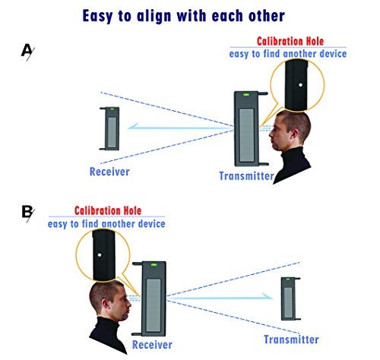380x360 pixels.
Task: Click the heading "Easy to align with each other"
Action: (184, 16)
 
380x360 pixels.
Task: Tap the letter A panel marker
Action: (27, 52)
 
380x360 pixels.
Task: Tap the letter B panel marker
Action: (27, 213)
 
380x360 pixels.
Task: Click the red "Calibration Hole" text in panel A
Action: (290, 41)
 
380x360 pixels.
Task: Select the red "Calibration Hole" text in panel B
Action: (108, 210)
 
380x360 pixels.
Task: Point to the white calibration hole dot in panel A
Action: (300, 85)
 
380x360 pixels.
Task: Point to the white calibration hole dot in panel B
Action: (100, 255)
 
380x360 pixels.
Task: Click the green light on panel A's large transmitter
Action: (246, 95)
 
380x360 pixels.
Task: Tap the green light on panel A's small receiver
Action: (112, 109)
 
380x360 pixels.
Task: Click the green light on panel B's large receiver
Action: (154, 265)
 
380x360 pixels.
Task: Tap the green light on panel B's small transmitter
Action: (288, 279)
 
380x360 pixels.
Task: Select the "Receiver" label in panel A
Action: (109, 172)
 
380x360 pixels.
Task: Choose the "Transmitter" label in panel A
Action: (246, 176)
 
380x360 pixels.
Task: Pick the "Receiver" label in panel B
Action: (152, 345)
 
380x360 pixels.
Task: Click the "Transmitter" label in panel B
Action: (291, 339)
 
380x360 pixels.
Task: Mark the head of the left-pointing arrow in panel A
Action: (130, 126)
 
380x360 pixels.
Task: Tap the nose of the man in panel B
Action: (129, 303)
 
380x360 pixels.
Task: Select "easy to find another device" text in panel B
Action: (106, 224)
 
